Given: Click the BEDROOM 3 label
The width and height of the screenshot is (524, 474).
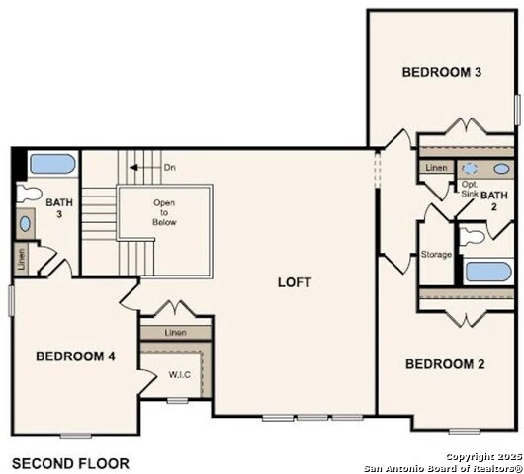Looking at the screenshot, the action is (x=442, y=72).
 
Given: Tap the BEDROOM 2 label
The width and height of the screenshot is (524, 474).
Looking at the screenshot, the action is (x=445, y=364).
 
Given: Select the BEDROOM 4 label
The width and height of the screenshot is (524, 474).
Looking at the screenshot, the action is (x=75, y=356).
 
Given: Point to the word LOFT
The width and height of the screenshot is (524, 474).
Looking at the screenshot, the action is (x=295, y=282).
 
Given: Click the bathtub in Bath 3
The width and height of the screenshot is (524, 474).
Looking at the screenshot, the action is (x=52, y=164).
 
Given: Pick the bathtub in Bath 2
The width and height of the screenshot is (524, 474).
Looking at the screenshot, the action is (x=488, y=272).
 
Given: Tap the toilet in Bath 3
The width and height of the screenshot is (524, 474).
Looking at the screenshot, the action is (x=29, y=194).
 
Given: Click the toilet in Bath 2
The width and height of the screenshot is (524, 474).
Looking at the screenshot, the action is (x=472, y=236).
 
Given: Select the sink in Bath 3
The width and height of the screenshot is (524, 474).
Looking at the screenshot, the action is (x=25, y=223).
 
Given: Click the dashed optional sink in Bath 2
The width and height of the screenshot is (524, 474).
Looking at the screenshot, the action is (x=471, y=169).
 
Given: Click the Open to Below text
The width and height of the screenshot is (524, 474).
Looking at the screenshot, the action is (x=164, y=212).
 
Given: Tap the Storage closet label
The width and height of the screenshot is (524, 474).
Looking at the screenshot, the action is (x=436, y=255).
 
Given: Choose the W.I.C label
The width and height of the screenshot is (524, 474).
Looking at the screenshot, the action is (x=180, y=375).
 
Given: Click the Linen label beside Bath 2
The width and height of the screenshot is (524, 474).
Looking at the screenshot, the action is (x=436, y=168).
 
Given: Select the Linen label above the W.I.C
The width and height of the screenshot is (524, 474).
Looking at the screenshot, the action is (x=175, y=333).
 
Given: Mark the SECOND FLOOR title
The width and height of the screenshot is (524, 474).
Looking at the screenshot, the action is (x=70, y=464).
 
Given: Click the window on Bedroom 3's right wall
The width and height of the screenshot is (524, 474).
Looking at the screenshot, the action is (x=518, y=111).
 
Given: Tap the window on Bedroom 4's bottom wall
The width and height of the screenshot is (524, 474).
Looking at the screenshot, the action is (x=76, y=435).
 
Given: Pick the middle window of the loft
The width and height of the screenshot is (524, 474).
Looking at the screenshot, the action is (x=312, y=418).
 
